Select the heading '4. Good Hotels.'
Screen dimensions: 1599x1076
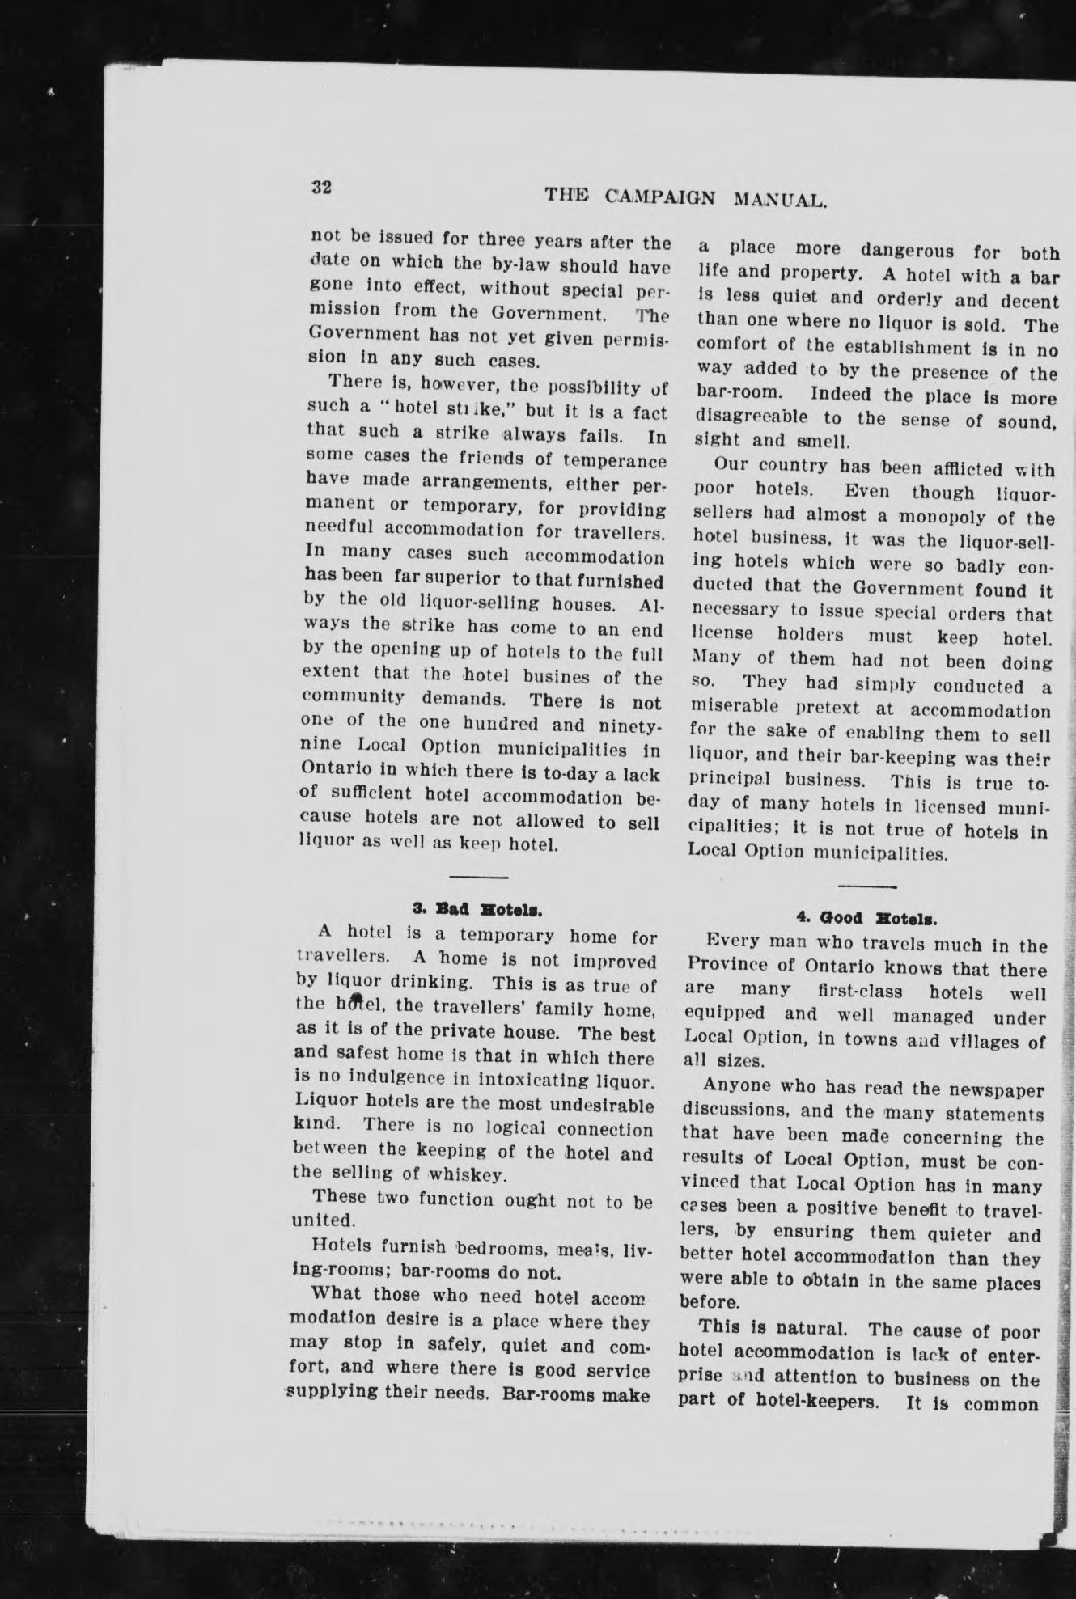click(866, 918)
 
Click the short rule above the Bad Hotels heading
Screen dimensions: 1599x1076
click(478, 877)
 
